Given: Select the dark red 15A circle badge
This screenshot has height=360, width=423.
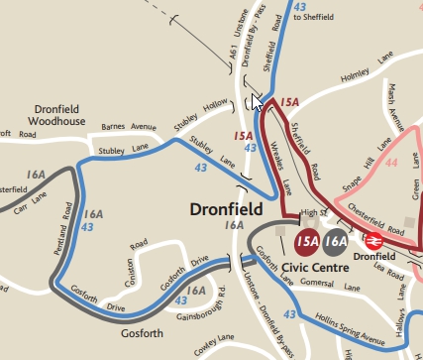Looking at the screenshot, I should pos(307,240).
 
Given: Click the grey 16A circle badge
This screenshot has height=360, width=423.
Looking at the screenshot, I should pos(336,240).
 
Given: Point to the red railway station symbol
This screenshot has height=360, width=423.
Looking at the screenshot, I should pos(373,240).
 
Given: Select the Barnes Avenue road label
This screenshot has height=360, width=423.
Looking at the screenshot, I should pos(130,127).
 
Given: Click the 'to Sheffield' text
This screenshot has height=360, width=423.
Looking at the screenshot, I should pos(313,18).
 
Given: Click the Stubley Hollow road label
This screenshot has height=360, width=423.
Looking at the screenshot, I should pos(202,116).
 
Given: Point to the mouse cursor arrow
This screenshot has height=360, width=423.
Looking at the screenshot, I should pos(256,101).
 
